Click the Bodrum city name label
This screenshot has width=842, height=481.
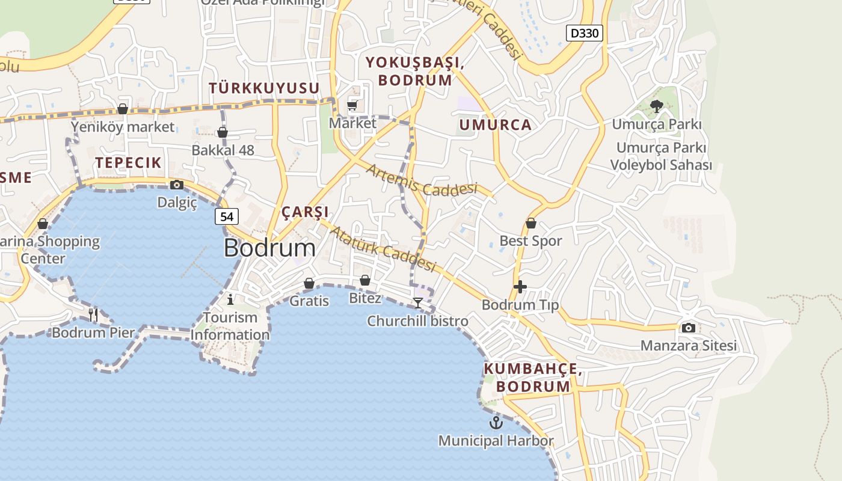pyautogui.click(x=269, y=248)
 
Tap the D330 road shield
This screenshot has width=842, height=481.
pyautogui.click(x=584, y=32)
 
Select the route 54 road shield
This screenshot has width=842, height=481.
pyautogui.click(x=227, y=216)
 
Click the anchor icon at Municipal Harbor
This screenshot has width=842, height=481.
pyautogui.click(x=496, y=422)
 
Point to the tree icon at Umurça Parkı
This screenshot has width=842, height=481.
pyautogui.click(x=656, y=106)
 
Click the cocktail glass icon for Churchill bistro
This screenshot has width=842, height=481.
pyautogui.click(x=418, y=302)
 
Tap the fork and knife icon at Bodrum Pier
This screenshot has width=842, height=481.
pyautogui.click(x=93, y=314)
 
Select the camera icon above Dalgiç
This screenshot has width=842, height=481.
pyautogui.click(x=177, y=185)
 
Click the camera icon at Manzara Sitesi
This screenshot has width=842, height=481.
pyautogui.click(x=689, y=328)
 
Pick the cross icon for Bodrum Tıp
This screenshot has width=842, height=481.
pyautogui.click(x=520, y=287)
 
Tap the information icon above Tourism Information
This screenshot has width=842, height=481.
pyautogui.click(x=230, y=299)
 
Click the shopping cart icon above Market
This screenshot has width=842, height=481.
pyautogui.click(x=352, y=106)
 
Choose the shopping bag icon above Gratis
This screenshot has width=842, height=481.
pyautogui.click(x=309, y=283)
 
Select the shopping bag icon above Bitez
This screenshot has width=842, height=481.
pyautogui.click(x=364, y=280)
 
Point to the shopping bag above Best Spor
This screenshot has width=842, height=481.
pyautogui.click(x=530, y=223)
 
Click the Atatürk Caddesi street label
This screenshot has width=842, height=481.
pyautogui.click(x=383, y=248)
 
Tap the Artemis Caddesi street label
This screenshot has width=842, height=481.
pyautogui.click(x=421, y=180)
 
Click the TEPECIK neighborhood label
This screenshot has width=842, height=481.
pyautogui.click(x=128, y=162)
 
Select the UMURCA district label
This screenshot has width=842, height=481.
pyautogui.click(x=495, y=125)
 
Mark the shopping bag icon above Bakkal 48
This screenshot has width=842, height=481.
pyautogui.click(x=223, y=132)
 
